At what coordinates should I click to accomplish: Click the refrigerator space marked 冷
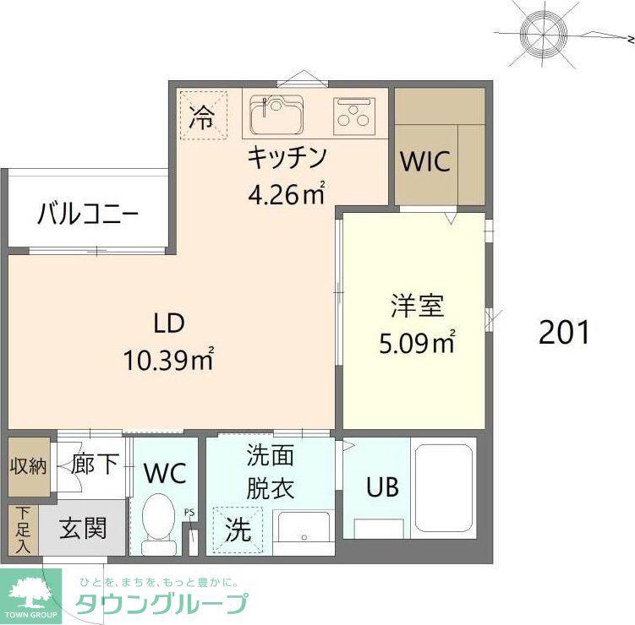(203, 116)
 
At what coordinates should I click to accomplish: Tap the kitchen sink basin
(277, 116)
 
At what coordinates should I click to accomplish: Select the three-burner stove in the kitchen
(354, 116)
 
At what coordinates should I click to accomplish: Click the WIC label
(424, 161)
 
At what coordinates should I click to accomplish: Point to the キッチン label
(287, 158)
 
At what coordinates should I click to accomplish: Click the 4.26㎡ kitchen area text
(287, 193)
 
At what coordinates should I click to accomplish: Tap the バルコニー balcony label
(88, 214)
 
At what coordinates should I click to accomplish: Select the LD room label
(169, 323)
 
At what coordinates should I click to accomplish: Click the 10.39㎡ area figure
(168, 359)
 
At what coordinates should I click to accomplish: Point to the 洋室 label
(417, 306)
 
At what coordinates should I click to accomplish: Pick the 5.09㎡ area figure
(417, 342)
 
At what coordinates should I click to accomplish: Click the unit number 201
(564, 332)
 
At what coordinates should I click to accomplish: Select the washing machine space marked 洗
(238, 530)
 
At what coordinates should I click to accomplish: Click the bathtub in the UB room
(444, 487)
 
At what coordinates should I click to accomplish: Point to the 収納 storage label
(29, 466)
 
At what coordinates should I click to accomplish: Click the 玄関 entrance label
(83, 528)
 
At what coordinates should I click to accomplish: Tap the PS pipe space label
(189, 513)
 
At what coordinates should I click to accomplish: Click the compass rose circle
(543, 35)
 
